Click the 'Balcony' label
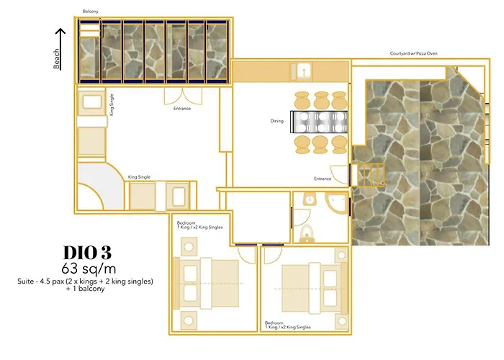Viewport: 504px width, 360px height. pyautogui.click(x=90, y=12)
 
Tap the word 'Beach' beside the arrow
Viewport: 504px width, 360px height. pyautogui.click(x=57, y=59)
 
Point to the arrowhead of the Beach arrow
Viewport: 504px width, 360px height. pyautogui.click(x=60, y=32)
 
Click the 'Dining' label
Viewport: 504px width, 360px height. pyautogui.click(x=277, y=121)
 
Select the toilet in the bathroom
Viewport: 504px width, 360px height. pyautogui.click(x=306, y=233)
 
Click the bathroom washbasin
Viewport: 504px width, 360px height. pyautogui.click(x=308, y=200)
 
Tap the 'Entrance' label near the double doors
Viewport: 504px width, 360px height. pyautogui.click(x=182, y=108)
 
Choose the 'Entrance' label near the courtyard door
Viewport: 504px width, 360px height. pyautogui.click(x=322, y=179)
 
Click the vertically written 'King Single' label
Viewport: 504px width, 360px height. pyautogui.click(x=112, y=104)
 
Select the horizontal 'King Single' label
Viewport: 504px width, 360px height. pyautogui.click(x=138, y=176)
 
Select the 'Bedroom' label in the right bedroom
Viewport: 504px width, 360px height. pyautogui.click(x=274, y=323)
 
